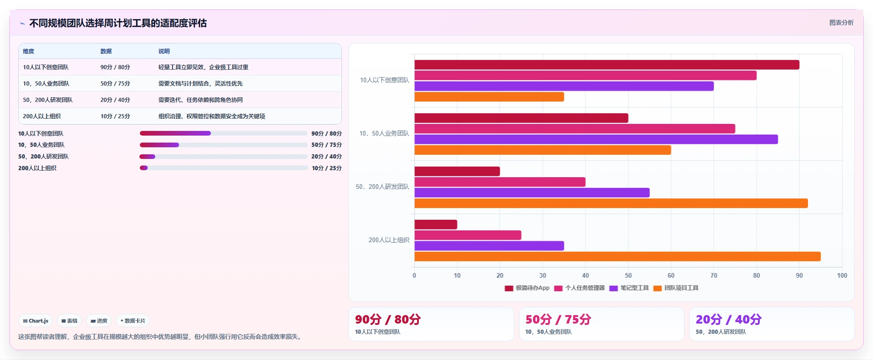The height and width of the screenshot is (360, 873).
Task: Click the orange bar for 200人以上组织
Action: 617,256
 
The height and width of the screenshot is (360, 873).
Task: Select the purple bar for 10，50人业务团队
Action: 596,139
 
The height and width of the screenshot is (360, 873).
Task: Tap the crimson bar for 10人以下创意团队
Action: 607,65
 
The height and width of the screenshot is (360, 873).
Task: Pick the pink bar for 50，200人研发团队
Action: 500,182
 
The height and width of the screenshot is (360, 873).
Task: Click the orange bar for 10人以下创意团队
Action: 489,97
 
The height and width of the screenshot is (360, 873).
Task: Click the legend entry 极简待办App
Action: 527,288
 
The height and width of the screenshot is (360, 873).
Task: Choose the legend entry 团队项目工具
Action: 676,288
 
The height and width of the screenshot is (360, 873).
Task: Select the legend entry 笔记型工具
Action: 629,288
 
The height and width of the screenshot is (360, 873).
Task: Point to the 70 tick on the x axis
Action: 714,275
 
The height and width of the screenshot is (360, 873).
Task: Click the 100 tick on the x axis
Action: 842,275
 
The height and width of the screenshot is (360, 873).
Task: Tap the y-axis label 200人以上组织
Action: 389,240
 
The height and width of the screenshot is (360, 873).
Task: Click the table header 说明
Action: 164,51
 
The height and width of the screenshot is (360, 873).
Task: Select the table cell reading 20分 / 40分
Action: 115,100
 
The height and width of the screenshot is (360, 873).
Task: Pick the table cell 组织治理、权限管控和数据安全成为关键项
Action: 212,116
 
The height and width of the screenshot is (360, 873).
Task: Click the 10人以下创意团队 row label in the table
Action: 46,67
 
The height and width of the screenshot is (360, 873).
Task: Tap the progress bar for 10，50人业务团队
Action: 224,145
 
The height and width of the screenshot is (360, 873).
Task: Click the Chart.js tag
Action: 36,321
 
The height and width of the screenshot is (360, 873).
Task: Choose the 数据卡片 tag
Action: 133,321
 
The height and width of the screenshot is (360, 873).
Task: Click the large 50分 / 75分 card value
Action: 558,319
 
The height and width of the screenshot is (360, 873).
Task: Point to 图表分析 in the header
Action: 841,22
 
